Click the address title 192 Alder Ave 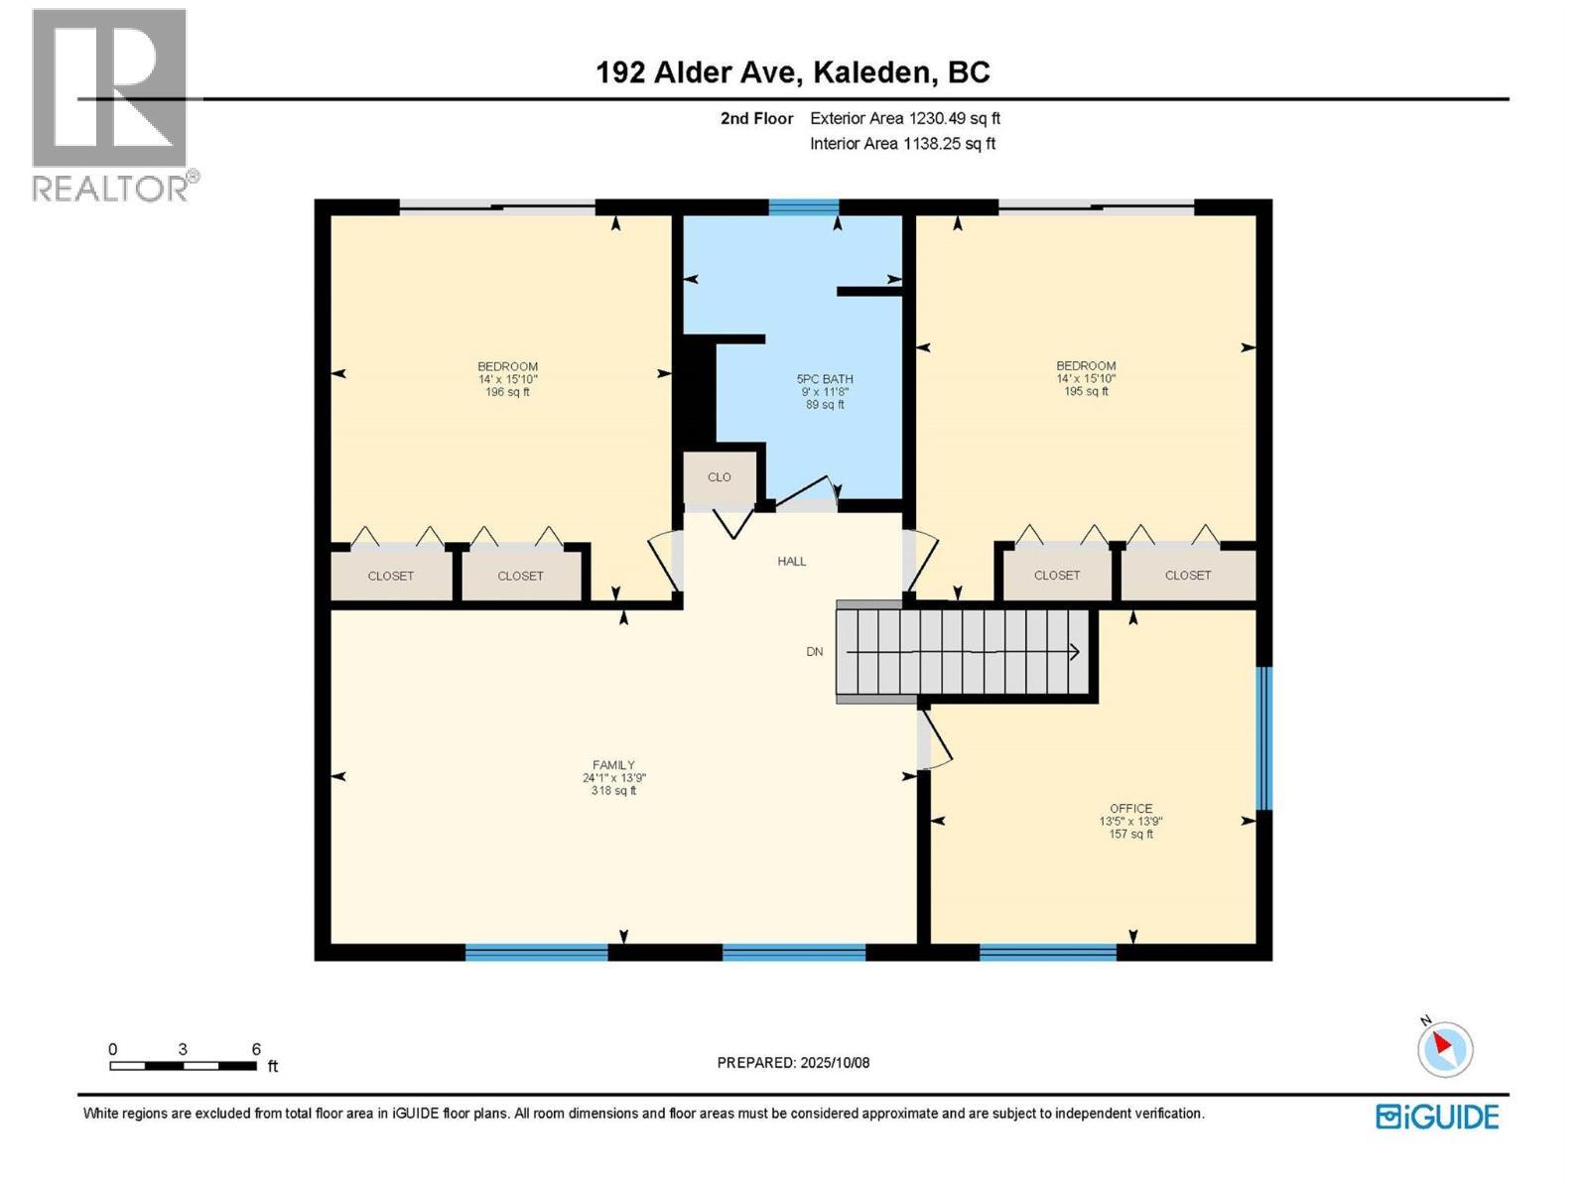click(792, 72)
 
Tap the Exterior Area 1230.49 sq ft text click(904, 118)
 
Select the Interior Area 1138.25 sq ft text click(902, 144)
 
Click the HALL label click(791, 562)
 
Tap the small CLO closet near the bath click(720, 477)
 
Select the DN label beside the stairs click(814, 652)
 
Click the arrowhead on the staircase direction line click(1074, 652)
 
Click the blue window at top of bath click(803, 207)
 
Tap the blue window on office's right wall click(1263, 738)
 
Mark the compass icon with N click(1444, 1049)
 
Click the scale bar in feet click(184, 1066)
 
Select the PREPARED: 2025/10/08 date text click(793, 1063)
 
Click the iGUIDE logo click(1437, 1117)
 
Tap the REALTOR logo click(111, 104)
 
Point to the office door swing click(936, 744)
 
